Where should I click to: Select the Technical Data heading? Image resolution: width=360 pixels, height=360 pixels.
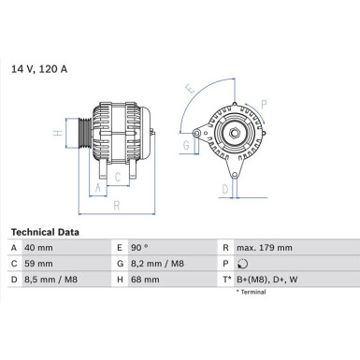(45, 232)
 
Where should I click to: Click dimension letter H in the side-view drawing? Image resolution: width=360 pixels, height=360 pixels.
(58, 134)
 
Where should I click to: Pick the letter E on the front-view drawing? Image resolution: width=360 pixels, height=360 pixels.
(191, 90)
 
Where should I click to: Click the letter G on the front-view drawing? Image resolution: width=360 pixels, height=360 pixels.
(186, 146)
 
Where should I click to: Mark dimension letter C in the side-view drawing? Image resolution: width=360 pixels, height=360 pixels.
(117, 175)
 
